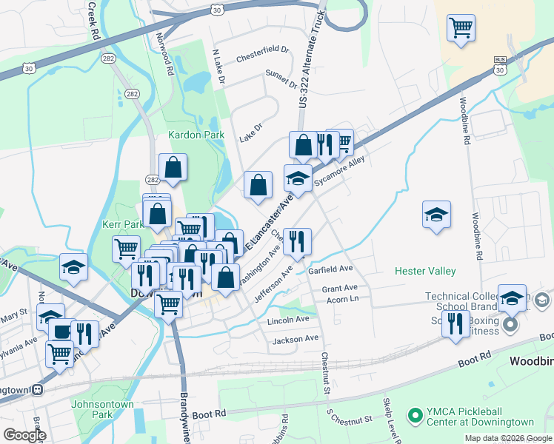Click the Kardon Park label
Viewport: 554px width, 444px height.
(196, 135)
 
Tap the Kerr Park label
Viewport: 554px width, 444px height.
(123, 223)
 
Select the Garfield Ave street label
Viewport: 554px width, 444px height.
(330, 270)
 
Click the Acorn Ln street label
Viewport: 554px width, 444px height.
(342, 299)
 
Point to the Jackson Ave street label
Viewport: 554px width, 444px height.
(295, 339)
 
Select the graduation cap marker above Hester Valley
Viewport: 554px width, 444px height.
(436, 215)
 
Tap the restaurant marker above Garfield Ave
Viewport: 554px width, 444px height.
(297, 240)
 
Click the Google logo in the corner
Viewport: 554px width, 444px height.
(24, 435)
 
